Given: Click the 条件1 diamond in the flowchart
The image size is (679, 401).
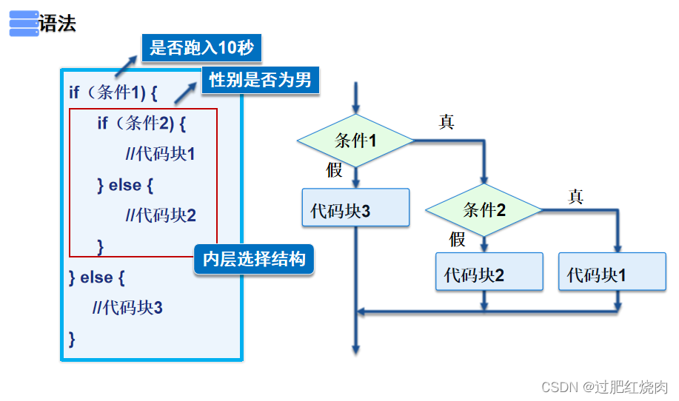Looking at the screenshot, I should tap(355, 140).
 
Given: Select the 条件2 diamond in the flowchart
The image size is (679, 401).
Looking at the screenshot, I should tap(484, 209).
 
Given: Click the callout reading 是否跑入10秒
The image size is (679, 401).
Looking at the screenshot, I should tap(201, 49).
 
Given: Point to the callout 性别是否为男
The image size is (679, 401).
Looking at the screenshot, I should tap(260, 80).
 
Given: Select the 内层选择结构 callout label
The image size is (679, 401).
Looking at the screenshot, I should tap(254, 260).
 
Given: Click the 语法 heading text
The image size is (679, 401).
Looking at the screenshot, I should tap(58, 24).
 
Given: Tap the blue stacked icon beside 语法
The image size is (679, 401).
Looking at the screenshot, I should tap(24, 24).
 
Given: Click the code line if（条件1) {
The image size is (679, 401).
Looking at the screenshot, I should tap(113, 93).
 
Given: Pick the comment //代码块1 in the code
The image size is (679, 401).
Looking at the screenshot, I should tap(161, 154).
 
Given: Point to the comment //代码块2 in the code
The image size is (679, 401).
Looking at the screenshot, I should tap(161, 215).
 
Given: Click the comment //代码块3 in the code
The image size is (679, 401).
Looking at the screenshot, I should tap(127, 307).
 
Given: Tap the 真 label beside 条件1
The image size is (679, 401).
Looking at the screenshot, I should tap(446, 122).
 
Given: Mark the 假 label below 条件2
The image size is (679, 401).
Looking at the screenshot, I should tap(458, 239).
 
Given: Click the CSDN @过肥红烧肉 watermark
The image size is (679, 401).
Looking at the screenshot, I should tap(604, 387).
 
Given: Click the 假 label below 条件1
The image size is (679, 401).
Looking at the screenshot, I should tap(335, 169).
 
